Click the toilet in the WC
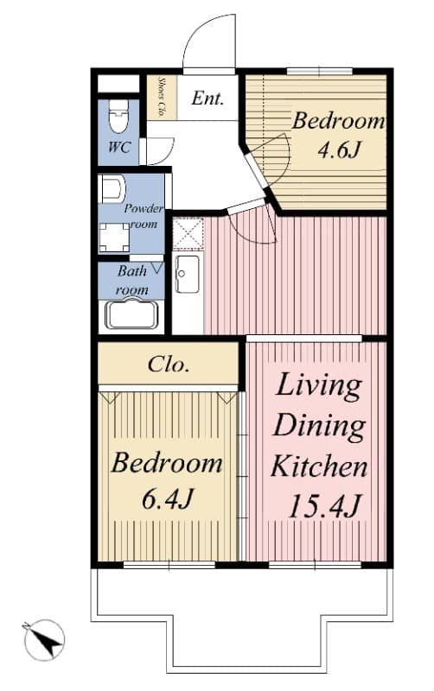point(118,116)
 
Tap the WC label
point(118,147)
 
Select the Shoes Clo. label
point(161,97)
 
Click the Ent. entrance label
point(207,98)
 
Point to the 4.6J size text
point(339,149)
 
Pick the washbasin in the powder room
point(113,187)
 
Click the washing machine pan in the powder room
point(114,237)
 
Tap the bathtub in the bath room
point(131,314)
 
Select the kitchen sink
point(187,274)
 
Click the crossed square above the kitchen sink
point(188,232)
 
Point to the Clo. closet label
point(169,365)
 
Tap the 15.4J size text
point(324,506)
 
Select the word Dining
point(319,427)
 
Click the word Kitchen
point(318,466)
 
